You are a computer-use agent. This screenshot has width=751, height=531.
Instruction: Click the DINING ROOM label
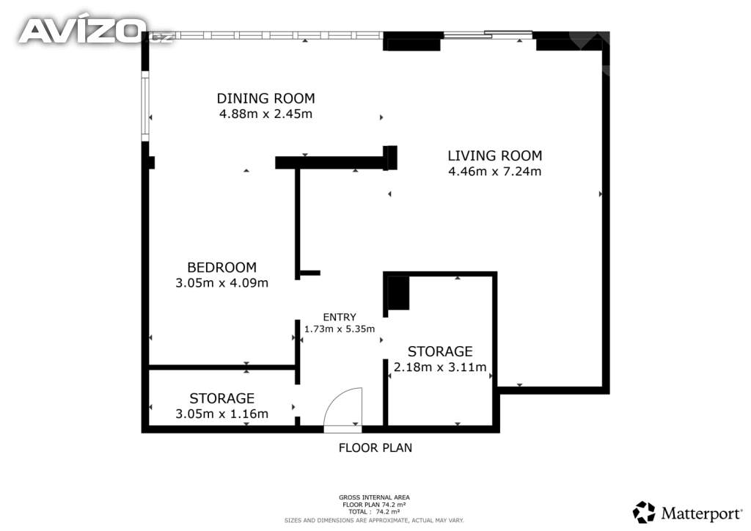(x=265, y=98)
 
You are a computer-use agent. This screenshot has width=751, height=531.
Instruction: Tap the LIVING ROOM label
(x=495, y=155)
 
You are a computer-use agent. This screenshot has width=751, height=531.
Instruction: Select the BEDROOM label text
(x=221, y=267)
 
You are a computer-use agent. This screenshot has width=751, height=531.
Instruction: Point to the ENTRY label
(x=340, y=317)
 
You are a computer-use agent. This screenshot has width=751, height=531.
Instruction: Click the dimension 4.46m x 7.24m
(x=495, y=171)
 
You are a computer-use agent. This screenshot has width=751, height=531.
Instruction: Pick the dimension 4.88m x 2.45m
(x=265, y=114)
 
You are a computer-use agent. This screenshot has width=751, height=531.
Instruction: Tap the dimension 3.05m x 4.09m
(x=221, y=282)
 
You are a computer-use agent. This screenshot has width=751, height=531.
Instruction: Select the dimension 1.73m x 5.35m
(x=340, y=329)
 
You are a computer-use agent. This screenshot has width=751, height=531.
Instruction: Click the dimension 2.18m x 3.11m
(x=440, y=367)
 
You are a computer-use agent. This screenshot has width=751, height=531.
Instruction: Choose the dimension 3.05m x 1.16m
(x=221, y=414)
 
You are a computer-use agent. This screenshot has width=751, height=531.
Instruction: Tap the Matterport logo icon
(x=644, y=513)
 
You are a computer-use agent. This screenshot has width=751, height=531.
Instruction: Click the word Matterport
(x=702, y=513)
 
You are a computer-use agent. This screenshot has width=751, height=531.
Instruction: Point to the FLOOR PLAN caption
(x=375, y=447)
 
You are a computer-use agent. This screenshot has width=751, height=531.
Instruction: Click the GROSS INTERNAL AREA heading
(x=374, y=497)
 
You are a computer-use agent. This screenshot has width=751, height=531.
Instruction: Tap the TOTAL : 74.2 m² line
(x=374, y=512)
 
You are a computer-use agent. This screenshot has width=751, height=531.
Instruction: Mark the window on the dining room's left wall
(x=145, y=106)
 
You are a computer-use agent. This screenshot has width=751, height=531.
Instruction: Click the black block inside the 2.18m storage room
(x=398, y=293)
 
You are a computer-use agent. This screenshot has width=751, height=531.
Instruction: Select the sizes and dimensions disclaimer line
(x=374, y=520)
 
